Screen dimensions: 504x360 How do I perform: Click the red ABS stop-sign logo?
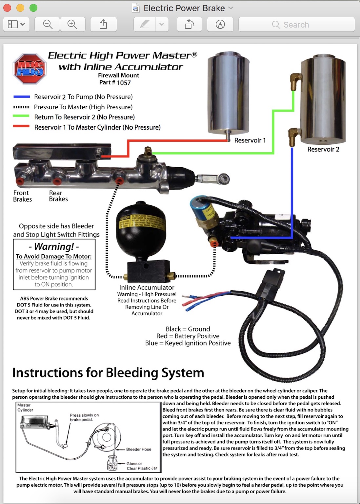[30, 69]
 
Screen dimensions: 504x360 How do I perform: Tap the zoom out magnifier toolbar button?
[48, 25]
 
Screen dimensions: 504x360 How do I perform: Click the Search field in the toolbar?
[296, 25]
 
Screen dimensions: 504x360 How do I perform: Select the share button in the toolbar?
[103, 25]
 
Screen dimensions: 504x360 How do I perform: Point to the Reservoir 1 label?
[250, 140]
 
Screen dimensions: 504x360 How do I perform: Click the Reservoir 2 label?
[323, 149]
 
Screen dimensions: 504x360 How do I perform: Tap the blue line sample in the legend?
[22, 97]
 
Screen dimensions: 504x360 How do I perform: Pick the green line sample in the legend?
[22, 116]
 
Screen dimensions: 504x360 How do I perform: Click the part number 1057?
[124, 83]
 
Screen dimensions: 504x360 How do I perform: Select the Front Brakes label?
[22, 196]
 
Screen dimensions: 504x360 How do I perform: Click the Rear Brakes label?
[58, 196]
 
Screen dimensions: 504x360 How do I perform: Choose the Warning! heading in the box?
[54, 246]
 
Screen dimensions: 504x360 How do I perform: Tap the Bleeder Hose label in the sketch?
[139, 449]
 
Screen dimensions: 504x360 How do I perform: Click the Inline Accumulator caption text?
[147, 287]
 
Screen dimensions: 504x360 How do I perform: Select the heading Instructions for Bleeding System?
[108, 373]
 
